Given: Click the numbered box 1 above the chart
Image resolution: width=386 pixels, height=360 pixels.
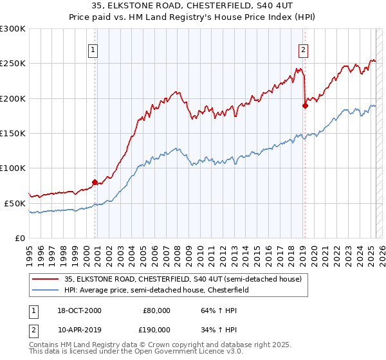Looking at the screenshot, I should [93, 50].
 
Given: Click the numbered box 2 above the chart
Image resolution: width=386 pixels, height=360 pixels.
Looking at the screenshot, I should [303, 50].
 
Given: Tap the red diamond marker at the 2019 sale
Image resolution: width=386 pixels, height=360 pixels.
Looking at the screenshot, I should [305, 106].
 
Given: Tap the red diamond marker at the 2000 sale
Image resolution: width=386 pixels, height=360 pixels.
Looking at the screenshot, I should [95, 182].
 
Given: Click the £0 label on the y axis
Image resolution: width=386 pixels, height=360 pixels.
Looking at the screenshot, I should [19, 238].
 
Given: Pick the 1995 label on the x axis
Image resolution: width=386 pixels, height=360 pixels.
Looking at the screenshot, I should [30, 251].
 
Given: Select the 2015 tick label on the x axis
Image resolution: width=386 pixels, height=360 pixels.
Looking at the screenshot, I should [259, 251].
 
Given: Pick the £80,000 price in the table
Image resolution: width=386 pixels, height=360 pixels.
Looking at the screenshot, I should [156, 310].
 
